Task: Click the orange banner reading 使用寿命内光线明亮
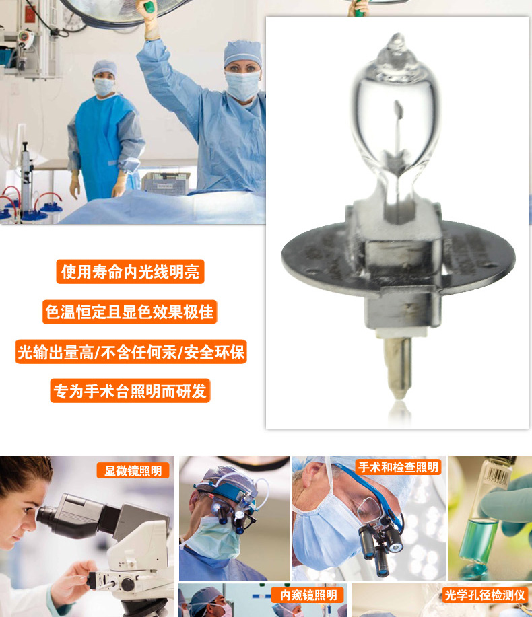pos(130,272)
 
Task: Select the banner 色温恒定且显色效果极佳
pos(129,312)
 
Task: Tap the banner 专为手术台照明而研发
pos(131,391)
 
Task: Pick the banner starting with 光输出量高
pos(131,352)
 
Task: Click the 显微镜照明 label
pos(133,470)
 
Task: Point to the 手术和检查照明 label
pos(398,467)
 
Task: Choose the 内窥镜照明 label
pos(308,595)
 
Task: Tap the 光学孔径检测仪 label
pos(485,595)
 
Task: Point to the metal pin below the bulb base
pos(399,367)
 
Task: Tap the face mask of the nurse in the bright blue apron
pos(104,87)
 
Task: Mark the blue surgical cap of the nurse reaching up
pos(242,52)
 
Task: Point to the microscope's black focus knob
pos(127,584)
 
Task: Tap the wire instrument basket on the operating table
pos(166,182)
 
